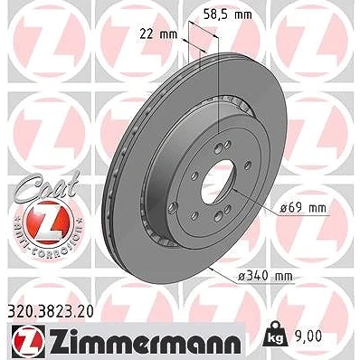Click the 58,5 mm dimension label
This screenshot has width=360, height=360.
tap(228, 14)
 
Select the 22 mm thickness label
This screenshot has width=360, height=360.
tap(158, 34)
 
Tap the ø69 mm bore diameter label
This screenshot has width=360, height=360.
tap(303, 208)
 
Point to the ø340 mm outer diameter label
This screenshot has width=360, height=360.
tap(265, 276)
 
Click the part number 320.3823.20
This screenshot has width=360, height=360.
tap(50, 312)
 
